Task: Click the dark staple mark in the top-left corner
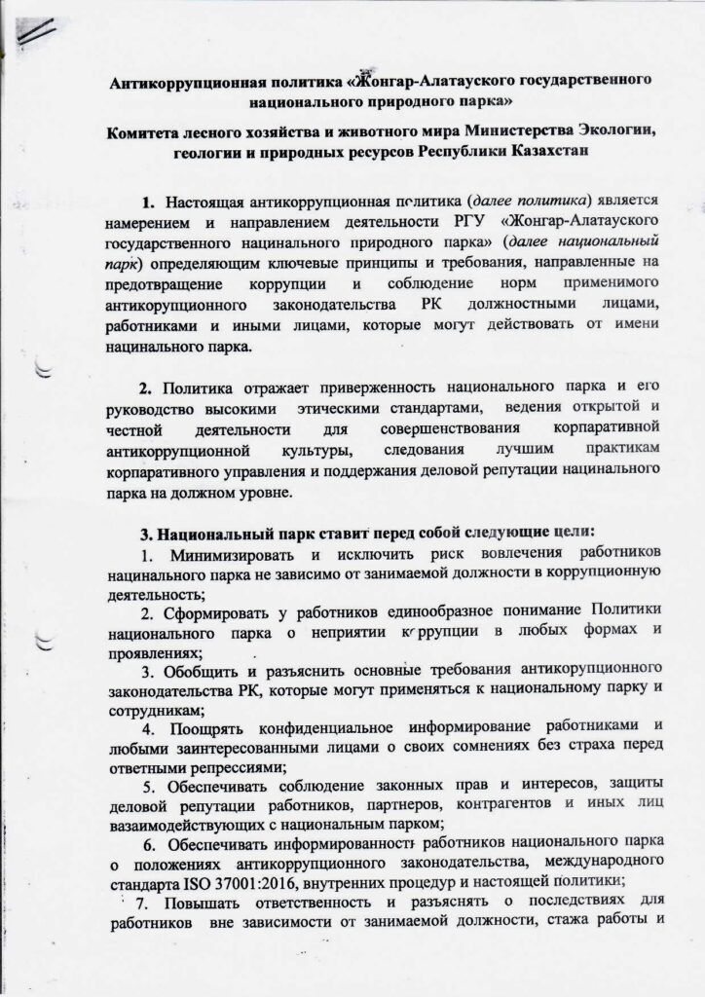point(38,31)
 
